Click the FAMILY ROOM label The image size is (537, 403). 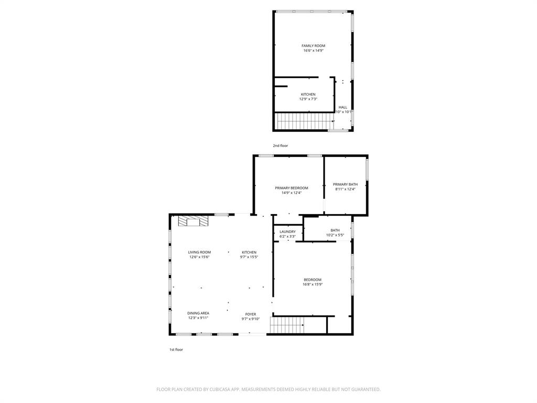(313, 46)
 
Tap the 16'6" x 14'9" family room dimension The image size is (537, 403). (313, 51)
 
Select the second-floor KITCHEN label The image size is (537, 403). (308, 94)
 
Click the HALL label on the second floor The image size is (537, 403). (342, 107)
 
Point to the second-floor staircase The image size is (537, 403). (304, 121)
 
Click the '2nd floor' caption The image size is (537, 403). (280, 145)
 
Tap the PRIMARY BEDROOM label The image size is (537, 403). (292, 188)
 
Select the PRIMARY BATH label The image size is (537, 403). (345, 184)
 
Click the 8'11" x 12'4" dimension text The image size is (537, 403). (345, 189)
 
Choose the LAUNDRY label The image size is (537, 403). (287, 231)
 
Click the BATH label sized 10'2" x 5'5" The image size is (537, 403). (335, 230)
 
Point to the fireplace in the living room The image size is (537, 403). (192, 222)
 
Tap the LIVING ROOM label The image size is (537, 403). (199, 252)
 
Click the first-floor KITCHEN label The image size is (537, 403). (249, 252)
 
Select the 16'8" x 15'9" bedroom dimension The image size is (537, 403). (313, 284)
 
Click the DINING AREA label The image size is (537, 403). (198, 313)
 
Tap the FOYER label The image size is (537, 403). (251, 314)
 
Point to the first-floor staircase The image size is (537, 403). (287, 325)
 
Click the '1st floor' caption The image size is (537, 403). (176, 349)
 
